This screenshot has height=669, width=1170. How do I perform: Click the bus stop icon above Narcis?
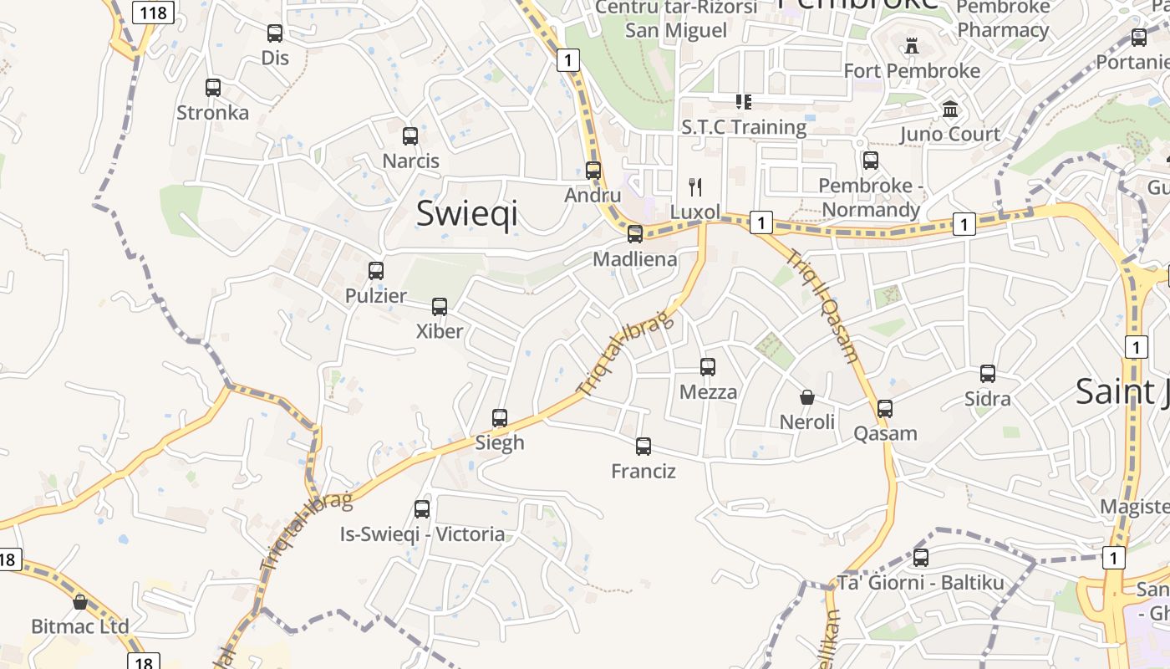[410, 135]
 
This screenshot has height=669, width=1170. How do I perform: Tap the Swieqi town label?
[466, 213]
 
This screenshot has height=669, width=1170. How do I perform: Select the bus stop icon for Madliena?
[635, 233]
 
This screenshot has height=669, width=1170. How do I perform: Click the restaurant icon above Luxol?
[695, 186]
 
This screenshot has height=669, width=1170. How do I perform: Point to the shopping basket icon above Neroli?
[807, 396]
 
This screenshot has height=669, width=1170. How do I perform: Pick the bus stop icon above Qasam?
[885, 408]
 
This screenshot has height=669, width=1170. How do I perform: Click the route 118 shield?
[153, 12]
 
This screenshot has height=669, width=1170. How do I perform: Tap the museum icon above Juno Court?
[950, 109]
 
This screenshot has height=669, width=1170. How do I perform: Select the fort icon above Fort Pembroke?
[912, 46]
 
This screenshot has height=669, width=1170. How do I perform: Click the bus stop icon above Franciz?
[643, 446]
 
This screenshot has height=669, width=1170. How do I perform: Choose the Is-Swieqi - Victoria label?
[422, 534]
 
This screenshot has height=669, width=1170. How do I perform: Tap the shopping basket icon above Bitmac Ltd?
[80, 601]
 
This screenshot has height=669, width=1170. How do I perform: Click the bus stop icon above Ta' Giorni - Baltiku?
[921, 557]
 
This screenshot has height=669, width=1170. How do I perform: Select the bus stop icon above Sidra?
[988, 373]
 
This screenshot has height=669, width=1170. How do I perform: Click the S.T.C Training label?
[744, 127]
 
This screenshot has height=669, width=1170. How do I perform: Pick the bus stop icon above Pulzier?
[376, 270]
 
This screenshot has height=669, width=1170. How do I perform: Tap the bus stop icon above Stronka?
[213, 87]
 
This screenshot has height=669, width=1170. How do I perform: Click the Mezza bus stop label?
[709, 392]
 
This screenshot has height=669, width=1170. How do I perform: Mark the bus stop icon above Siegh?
[500, 417]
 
